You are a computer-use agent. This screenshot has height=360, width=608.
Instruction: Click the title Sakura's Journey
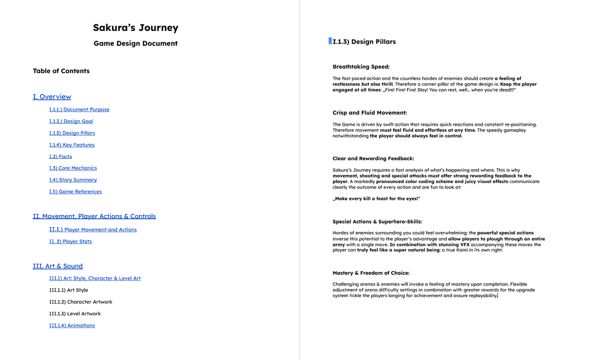pos(135,28)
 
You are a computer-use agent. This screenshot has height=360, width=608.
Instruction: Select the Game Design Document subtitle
pos(135,44)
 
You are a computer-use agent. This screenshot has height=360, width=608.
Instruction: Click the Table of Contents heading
pos(61,71)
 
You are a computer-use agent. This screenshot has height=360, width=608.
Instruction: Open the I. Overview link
pos(52,97)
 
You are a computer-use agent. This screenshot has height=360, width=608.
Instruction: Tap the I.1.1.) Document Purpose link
pos(79,110)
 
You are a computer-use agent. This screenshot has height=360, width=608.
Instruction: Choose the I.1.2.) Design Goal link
pos(71,121)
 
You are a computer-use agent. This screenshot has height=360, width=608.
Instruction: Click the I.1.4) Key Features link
pos(72,145)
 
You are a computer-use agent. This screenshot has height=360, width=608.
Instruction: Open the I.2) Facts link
pos(60,157)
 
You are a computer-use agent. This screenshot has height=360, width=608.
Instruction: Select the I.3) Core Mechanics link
pos(73,168)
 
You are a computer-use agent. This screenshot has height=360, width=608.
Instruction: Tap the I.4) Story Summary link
pos(73,180)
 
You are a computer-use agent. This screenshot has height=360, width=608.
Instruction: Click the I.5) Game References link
pos(75,192)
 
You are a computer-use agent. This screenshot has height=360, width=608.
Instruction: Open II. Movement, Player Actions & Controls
pos(94,217)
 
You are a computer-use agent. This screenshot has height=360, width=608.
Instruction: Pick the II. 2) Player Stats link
pos(70,241)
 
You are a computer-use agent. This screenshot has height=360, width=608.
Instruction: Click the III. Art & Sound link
pos(58,266)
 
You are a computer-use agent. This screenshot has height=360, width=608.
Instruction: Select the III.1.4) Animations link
pos(72,326)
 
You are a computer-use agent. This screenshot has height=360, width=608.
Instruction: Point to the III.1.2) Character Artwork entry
pos(81,302)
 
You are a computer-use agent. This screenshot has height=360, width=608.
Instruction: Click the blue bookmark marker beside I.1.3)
pos(330,41)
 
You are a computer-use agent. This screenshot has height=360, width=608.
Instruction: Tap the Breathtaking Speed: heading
pos(361,66)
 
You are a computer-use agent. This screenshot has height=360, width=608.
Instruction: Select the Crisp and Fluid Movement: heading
pos(370,113)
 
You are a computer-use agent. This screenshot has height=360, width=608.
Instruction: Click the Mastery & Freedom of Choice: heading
pos(371,273)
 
